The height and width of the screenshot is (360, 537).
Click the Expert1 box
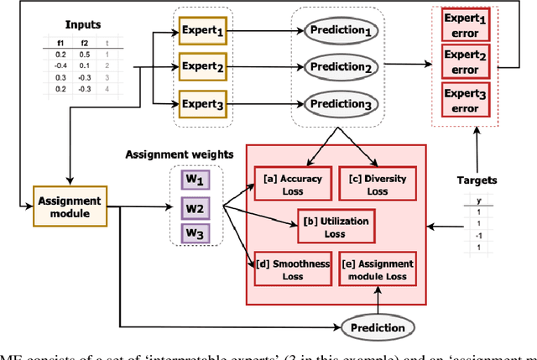tap(202, 32)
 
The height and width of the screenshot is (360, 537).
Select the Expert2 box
tap(202, 68)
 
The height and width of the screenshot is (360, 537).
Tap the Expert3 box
tap(202, 105)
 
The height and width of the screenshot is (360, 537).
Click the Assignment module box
tap(70, 206)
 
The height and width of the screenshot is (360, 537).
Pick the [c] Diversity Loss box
tap(376, 185)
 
